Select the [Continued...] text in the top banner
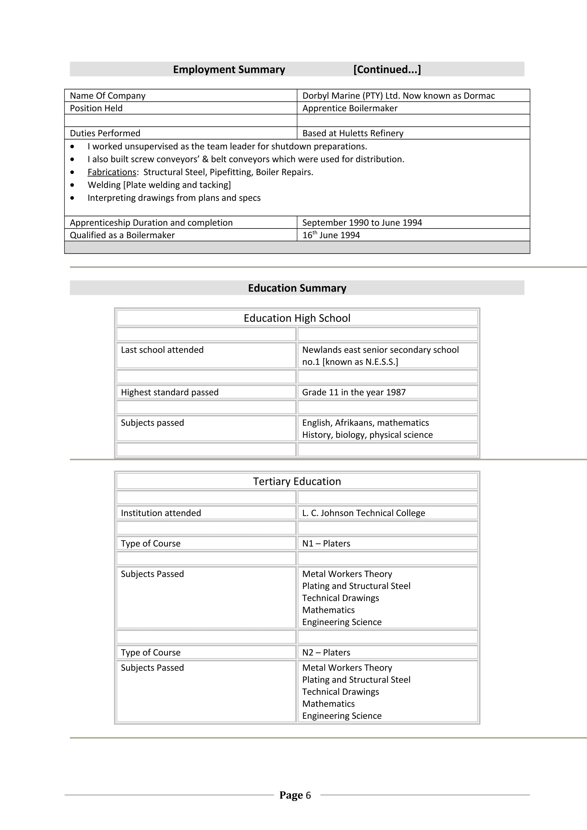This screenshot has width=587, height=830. pyautogui.click(x=387, y=69)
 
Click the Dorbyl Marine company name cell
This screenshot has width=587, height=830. pyautogui.click(x=398, y=95)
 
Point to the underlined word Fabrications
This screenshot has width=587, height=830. pyautogui.click(x=112, y=172)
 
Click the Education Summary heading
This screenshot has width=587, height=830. pyautogui.click(x=297, y=288)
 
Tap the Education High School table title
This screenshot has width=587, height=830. pyautogui.click(x=297, y=318)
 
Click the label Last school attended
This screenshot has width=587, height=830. pyautogui.click(x=162, y=350)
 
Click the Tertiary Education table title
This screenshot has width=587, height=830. pyautogui.click(x=297, y=481)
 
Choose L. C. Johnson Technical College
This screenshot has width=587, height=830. pyautogui.click(x=363, y=513)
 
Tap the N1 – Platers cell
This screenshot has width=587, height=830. pyautogui.click(x=326, y=543)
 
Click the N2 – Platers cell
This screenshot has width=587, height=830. pyautogui.click(x=326, y=652)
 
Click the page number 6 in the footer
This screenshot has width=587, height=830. pyautogui.click(x=308, y=795)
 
